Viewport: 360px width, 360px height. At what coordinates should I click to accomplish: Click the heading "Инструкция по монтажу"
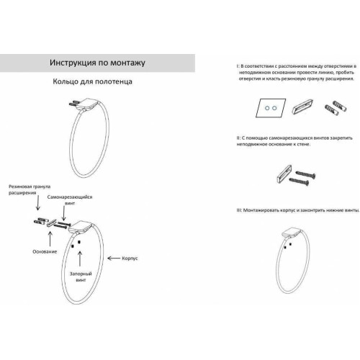click(x=97, y=63)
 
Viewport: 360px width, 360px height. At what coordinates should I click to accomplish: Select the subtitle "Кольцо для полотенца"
click(x=92, y=81)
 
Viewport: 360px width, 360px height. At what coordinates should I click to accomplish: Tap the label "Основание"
click(x=45, y=251)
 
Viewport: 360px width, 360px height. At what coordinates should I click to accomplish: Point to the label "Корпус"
click(x=130, y=258)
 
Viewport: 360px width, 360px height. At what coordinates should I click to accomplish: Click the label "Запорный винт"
click(x=81, y=276)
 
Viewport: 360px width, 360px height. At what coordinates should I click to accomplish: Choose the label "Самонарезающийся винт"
click(x=70, y=200)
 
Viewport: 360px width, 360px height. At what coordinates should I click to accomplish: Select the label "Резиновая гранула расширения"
click(x=30, y=189)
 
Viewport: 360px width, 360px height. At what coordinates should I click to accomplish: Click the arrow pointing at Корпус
click(x=114, y=258)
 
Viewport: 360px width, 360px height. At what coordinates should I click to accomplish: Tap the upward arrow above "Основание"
click(x=50, y=239)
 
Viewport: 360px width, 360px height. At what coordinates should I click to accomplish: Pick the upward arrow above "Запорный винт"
click(x=80, y=258)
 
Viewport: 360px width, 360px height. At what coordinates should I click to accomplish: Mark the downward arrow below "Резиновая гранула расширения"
click(x=37, y=202)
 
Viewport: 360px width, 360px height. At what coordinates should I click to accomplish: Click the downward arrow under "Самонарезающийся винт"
click(x=63, y=213)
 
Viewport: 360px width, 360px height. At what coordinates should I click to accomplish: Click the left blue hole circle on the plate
click(x=267, y=108)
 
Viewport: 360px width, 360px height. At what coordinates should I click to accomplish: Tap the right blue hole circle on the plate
click(x=274, y=108)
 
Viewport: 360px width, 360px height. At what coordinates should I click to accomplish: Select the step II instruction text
click(x=294, y=141)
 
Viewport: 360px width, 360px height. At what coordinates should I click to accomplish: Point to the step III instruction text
click(x=298, y=210)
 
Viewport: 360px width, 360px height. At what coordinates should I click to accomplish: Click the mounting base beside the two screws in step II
click(x=284, y=174)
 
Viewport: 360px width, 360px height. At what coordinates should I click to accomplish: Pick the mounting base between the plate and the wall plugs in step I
click(x=302, y=106)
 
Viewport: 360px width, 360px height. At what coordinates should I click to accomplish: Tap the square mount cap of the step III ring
click(x=291, y=233)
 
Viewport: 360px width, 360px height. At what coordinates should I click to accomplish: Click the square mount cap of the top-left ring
click(x=87, y=104)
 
